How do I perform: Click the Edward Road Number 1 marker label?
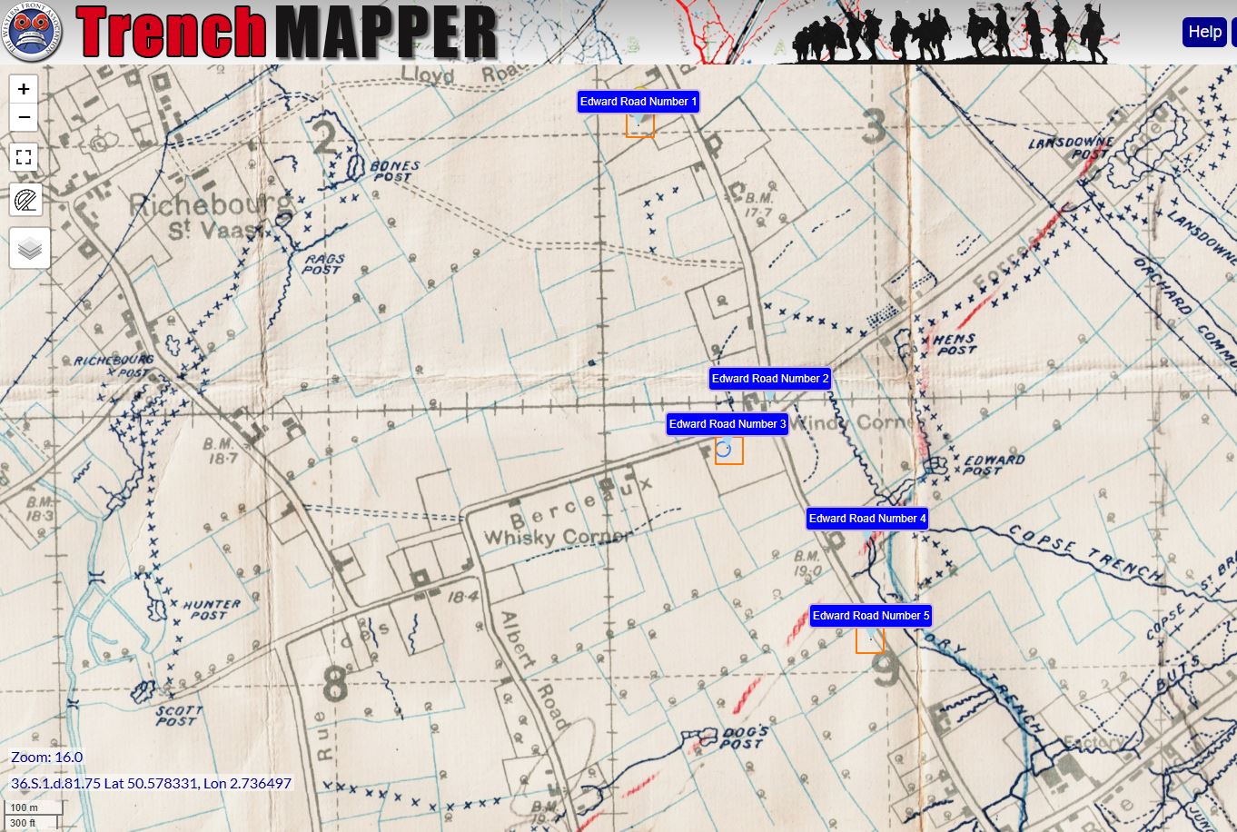pyautogui.click(x=638, y=102)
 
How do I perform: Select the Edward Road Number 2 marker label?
pyautogui.click(x=770, y=379)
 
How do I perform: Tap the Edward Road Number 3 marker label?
pyautogui.click(x=727, y=424)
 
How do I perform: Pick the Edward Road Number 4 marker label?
pyautogui.click(x=867, y=519)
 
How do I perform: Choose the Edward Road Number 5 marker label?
pyautogui.click(x=871, y=616)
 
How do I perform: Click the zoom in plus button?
pyautogui.click(x=24, y=89)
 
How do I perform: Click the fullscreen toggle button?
pyautogui.click(x=24, y=157)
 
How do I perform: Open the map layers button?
pyautogui.click(x=30, y=248)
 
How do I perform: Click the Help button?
pyautogui.click(x=1204, y=32)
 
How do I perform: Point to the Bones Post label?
pyautogui.click(x=395, y=171)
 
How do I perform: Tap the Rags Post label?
pyautogui.click(x=323, y=264)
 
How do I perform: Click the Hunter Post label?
pyautogui.click(x=211, y=609)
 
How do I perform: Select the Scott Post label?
pyautogui.click(x=178, y=716)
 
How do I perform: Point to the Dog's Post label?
pyautogui.click(x=745, y=738)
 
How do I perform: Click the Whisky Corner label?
pyautogui.click(x=556, y=537)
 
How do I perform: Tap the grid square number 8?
pyautogui.click(x=335, y=684)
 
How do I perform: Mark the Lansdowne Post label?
pyautogui.click(x=1071, y=148)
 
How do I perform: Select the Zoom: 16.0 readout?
pyautogui.click(x=47, y=757)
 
